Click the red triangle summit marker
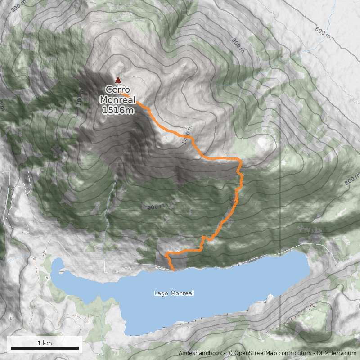click(118, 80)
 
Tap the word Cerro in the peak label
click(117, 90)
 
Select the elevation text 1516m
click(117, 109)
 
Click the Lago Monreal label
click(174, 293)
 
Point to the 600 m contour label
click(323, 32)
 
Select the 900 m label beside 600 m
click(238, 45)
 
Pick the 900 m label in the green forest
click(156, 207)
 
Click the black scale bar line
click(45, 348)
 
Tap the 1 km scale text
click(45, 343)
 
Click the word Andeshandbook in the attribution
click(200, 353)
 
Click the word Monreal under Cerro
click(117, 99)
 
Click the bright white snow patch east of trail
click(262, 143)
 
